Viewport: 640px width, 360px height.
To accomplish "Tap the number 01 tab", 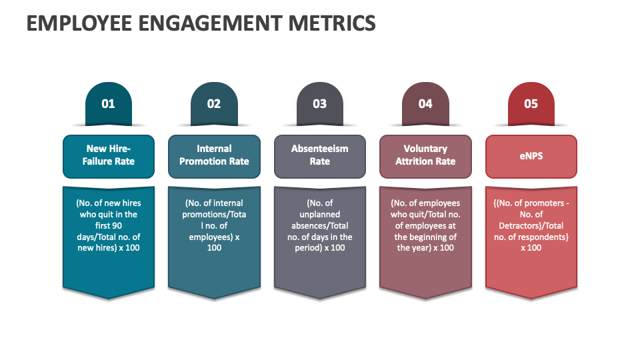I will (108, 104).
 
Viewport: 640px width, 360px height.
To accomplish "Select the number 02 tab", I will (213, 104).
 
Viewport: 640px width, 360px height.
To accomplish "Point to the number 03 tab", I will (319, 104).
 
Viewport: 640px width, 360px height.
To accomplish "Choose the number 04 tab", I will (425, 104).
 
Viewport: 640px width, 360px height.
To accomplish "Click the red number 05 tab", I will (531, 104).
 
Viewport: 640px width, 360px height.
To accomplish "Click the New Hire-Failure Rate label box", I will (109, 155).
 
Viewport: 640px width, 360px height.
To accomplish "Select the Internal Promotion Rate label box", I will (214, 155).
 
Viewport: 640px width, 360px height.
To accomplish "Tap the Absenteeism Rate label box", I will (320, 155).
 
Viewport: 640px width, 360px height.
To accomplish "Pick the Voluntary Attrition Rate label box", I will (425, 155).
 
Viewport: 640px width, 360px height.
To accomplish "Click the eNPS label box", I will (531, 155).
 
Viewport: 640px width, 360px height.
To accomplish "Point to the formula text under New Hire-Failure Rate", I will (109, 225).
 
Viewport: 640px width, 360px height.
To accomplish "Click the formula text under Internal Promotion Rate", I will (214, 225).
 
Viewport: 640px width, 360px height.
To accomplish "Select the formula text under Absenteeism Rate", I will (320, 225).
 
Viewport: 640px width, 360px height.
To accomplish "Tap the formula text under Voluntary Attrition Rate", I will (425, 225).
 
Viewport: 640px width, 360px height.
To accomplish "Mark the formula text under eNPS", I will (531, 225).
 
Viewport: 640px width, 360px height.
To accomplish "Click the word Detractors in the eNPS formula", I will (521, 225).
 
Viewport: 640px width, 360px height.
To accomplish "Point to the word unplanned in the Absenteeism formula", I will (320, 214).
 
